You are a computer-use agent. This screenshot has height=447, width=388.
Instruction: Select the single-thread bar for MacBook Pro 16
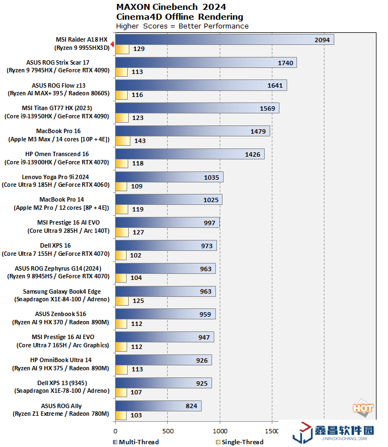point(122,141)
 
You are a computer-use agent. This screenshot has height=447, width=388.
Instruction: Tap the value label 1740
point(285,63)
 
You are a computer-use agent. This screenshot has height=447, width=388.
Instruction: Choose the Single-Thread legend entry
point(237,442)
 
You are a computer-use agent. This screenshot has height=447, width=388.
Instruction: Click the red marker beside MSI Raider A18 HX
point(112,44)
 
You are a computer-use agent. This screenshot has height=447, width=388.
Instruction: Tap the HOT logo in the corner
point(363,408)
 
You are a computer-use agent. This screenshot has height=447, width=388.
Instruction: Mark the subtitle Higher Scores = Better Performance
point(182,26)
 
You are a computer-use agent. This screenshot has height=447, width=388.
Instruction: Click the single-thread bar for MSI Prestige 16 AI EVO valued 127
point(122,232)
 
